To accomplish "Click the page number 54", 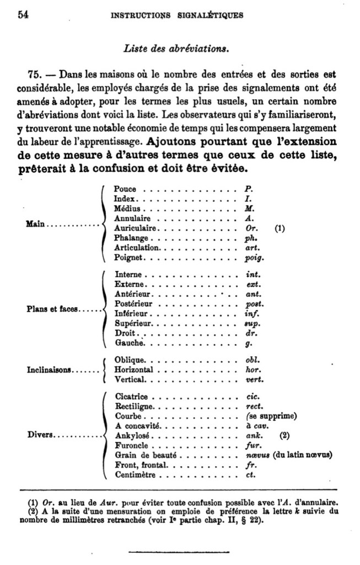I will pyautogui.click(x=23, y=15).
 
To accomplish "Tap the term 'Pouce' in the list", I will pyautogui.click(x=125, y=189).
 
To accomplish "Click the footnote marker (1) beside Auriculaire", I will pyautogui.click(x=280, y=228).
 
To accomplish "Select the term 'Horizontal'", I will pyautogui.click(x=133, y=369).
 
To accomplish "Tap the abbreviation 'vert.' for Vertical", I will pyautogui.click(x=253, y=380).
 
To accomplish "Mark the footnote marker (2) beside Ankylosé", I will pyautogui.click(x=284, y=435).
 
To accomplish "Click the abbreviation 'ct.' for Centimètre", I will pyautogui.click(x=250, y=475).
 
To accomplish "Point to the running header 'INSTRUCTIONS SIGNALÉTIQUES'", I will pyautogui.click(x=176, y=15).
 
